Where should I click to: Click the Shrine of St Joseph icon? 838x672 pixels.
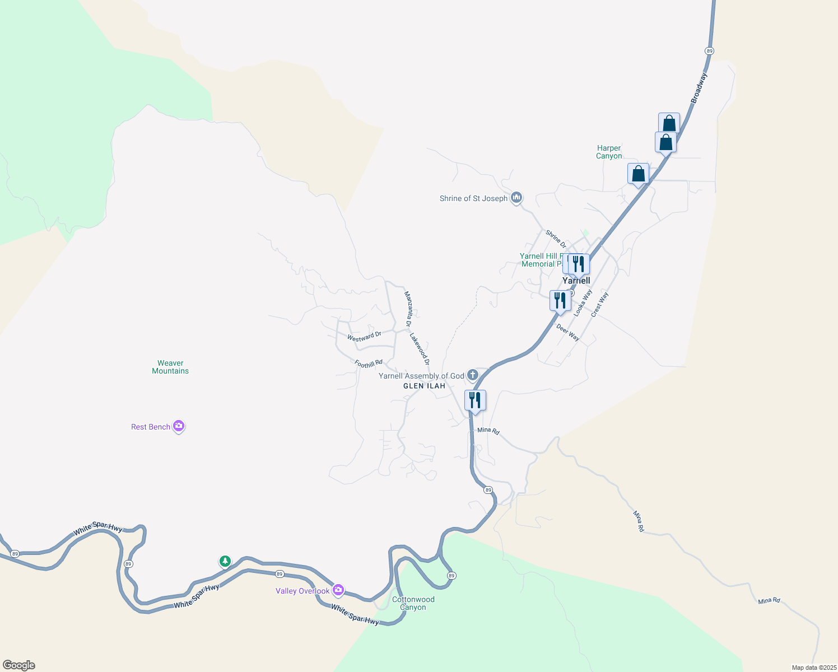516,198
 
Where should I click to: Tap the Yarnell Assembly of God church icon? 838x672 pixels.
473,375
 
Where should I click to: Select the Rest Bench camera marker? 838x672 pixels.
179,426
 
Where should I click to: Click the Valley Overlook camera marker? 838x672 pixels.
338,590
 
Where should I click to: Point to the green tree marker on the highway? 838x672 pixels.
225,561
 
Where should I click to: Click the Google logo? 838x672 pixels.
19,665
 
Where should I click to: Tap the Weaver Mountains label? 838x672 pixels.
170,367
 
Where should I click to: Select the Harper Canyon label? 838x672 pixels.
609,152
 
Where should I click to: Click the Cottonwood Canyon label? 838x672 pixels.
413,603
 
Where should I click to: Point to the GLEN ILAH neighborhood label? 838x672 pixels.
424,386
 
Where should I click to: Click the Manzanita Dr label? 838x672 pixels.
408,309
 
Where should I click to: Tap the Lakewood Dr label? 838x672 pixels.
419,349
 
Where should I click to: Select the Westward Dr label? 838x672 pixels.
364,337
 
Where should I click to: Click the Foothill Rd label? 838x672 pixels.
369,364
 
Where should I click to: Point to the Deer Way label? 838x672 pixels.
568,332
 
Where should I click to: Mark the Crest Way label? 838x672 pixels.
599,305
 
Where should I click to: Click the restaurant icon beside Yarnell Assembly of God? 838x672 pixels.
475,400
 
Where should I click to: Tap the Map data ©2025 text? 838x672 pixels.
813,668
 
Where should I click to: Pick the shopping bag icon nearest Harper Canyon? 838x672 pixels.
638,174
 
